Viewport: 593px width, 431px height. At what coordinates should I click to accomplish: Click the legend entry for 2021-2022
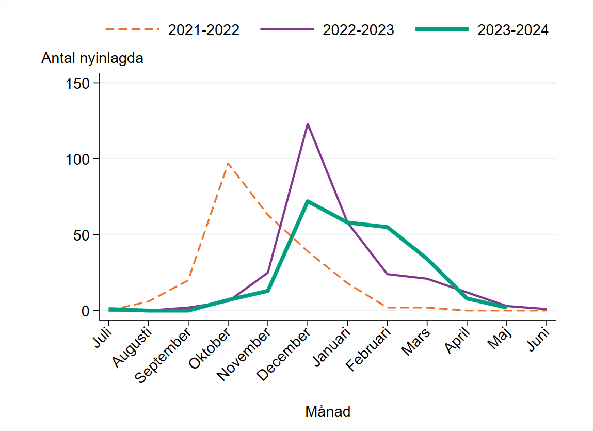(203, 30)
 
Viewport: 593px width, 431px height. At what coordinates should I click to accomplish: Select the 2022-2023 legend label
(358, 30)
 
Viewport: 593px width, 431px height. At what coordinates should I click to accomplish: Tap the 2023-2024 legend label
(512, 30)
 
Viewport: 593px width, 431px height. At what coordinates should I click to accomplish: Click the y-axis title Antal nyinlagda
(92, 59)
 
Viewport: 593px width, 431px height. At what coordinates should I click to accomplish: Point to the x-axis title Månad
(328, 412)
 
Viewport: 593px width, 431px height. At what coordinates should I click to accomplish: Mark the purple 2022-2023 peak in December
(308, 124)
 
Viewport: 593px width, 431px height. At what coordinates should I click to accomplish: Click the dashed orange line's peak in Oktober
(228, 164)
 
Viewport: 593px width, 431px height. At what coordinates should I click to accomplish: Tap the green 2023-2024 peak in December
(308, 201)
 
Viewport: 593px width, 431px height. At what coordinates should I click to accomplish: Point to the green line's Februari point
(387, 227)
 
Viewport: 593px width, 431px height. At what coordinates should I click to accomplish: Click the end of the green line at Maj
(506, 308)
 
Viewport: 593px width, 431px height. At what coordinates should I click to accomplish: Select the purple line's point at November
(268, 273)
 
